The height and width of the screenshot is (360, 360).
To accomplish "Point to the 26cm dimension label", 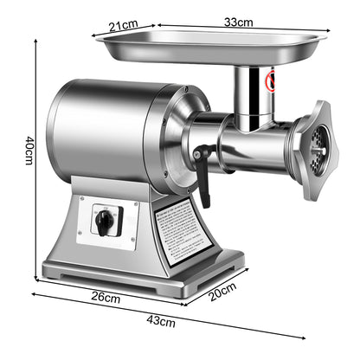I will (x=106, y=296).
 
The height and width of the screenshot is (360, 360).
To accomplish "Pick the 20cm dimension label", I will (x=222, y=291).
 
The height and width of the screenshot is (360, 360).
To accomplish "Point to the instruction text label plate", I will (x=183, y=231).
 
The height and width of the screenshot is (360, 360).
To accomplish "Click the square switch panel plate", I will (x=108, y=222).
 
